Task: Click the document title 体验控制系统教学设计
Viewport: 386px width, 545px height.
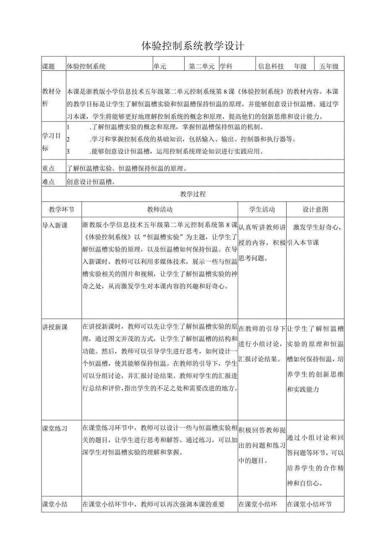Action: tap(193, 46)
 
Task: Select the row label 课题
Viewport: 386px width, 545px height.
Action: tap(49, 66)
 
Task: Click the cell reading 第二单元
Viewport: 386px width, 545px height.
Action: tap(202, 66)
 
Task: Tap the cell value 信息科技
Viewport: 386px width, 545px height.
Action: tap(271, 66)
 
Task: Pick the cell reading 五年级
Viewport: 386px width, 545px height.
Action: tap(329, 66)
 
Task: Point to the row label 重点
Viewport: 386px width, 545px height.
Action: tap(49, 168)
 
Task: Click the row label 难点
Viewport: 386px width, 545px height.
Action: tap(49, 182)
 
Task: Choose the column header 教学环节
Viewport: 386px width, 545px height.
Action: tap(61, 209)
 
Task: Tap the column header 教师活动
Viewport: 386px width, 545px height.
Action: tap(160, 209)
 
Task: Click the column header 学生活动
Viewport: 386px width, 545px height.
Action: tap(262, 209)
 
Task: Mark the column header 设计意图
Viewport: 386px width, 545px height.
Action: tap(316, 209)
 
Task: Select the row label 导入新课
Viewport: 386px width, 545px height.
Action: tap(55, 225)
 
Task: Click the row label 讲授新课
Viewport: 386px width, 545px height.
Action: tap(55, 327)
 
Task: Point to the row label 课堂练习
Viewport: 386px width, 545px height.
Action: tap(55, 428)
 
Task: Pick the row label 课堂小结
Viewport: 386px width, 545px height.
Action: tap(55, 504)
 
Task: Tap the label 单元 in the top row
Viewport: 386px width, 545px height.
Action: tap(160, 66)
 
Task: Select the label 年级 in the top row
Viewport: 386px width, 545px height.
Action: tap(300, 66)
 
